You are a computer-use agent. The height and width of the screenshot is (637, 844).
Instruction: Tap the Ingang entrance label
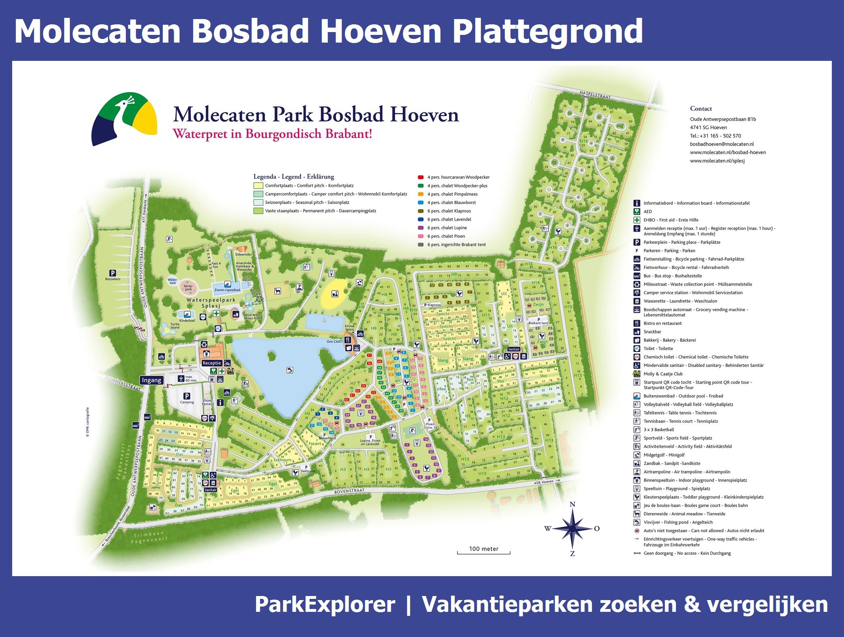click(x=152, y=380)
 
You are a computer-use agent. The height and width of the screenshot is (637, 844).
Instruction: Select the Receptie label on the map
click(x=211, y=363)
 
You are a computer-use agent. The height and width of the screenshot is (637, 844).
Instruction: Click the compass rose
click(x=572, y=528)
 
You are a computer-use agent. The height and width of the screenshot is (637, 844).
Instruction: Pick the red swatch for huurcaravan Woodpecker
click(x=421, y=177)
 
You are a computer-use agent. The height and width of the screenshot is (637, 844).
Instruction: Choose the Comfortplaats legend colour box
click(x=258, y=185)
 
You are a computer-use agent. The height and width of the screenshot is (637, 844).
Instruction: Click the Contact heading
click(x=701, y=108)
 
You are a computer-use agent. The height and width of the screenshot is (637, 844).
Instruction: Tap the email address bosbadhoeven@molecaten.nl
click(x=722, y=144)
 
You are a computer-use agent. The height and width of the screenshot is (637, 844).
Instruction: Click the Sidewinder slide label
click(x=243, y=254)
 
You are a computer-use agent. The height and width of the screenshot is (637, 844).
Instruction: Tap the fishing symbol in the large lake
click(x=289, y=370)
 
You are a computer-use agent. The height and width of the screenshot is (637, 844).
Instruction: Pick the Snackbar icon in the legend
click(x=637, y=332)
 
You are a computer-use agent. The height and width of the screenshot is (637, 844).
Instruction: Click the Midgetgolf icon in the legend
click(x=637, y=455)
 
